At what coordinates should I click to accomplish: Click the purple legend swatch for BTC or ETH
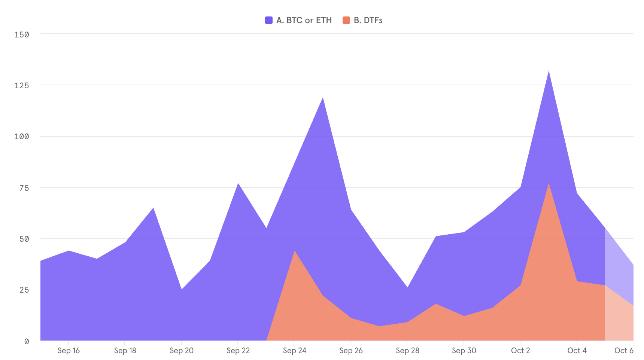268,20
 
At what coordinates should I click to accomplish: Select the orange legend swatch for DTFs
346,20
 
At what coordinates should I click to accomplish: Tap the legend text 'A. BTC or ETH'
304,20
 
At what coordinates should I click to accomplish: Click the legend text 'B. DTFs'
368,20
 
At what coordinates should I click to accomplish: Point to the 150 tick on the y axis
22,34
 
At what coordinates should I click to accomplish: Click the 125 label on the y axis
22,85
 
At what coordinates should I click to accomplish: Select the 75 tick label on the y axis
24,188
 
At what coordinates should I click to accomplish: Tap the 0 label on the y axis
27,341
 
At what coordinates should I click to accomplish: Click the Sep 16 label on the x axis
69,351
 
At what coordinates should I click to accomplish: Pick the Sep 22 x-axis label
238,351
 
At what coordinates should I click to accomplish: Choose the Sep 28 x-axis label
407,351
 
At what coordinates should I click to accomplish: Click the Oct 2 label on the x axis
520,351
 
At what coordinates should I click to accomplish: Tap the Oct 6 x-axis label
623,351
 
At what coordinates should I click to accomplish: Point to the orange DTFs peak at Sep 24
295,251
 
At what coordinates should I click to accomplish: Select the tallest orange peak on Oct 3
549,184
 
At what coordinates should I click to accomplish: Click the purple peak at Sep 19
153,208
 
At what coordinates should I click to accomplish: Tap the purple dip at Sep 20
182,289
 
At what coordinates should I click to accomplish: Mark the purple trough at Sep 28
407,287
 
